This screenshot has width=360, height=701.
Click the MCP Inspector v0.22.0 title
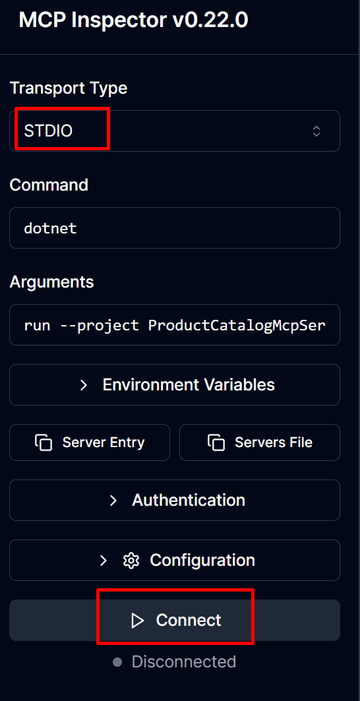pyautogui.click(x=133, y=21)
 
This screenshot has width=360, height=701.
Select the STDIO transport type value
pyautogui.click(x=48, y=131)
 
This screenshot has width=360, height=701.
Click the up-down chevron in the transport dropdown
pyautogui.click(x=316, y=131)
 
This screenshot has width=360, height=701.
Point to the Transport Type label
pyautogui.click(x=69, y=88)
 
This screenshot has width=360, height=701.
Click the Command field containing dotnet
pyautogui.click(x=175, y=228)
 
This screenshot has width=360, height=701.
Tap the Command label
pyautogui.click(x=49, y=185)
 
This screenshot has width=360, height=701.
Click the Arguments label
pyautogui.click(x=52, y=282)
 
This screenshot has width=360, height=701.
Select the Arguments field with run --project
pyautogui.click(x=175, y=324)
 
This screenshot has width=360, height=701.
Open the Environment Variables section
pyautogui.click(x=175, y=384)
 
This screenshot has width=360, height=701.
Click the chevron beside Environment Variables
pyautogui.click(x=83, y=385)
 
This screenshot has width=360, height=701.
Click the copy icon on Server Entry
pyautogui.click(x=44, y=442)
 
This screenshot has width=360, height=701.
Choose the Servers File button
pyautogui.click(x=259, y=442)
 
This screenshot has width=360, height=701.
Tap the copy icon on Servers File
pyautogui.click(x=216, y=442)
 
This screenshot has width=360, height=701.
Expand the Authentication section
pyautogui.click(x=175, y=500)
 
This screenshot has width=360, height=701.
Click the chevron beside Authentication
pyautogui.click(x=113, y=501)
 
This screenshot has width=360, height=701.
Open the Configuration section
pyautogui.click(x=175, y=560)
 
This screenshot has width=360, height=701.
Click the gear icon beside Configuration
pyautogui.click(x=131, y=560)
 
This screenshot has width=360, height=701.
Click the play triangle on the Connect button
pyautogui.click(x=137, y=620)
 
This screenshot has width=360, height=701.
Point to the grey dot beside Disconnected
pyautogui.click(x=117, y=661)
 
